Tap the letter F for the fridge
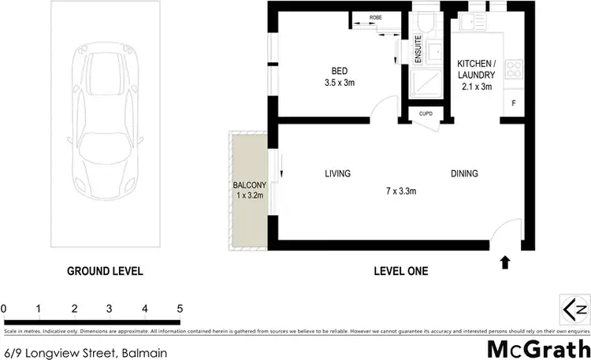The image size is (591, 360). [514, 103]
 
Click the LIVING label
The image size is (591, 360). [337, 173]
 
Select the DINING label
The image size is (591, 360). [464, 173]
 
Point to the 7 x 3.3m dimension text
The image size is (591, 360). [400, 191]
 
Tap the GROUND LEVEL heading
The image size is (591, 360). [104, 271]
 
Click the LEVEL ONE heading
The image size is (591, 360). [400, 271]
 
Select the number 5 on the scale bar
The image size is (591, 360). [180, 308]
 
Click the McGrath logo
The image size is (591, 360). [539, 347]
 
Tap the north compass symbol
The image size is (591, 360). [574, 307]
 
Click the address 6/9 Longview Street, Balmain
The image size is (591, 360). [85, 352]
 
